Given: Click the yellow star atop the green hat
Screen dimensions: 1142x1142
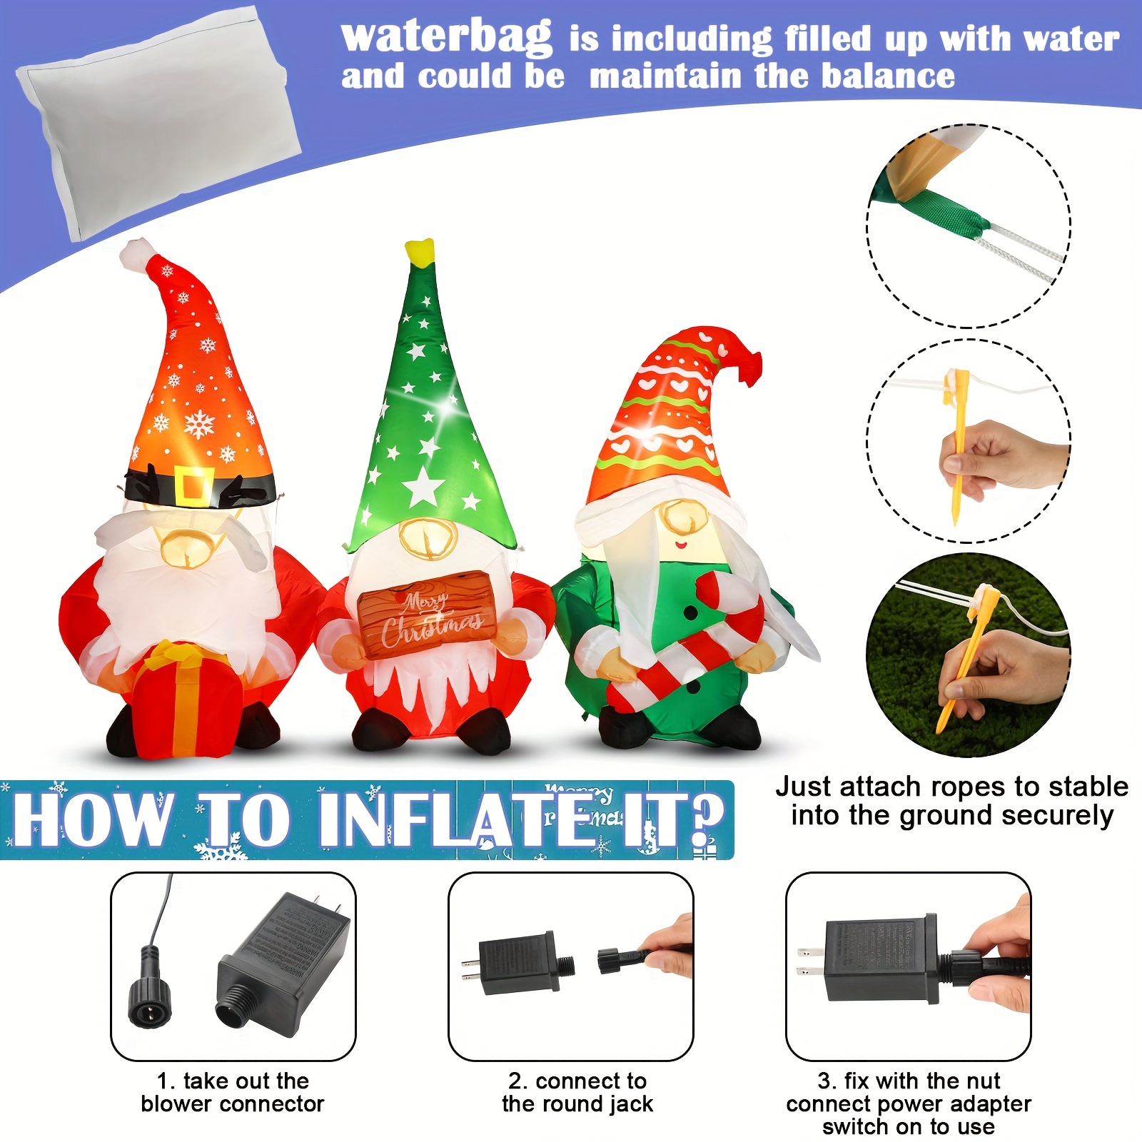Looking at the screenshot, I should point(420,251).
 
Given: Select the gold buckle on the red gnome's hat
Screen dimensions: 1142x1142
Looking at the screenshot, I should point(193,485).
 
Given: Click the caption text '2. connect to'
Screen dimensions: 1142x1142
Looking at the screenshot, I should point(577,1081).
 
